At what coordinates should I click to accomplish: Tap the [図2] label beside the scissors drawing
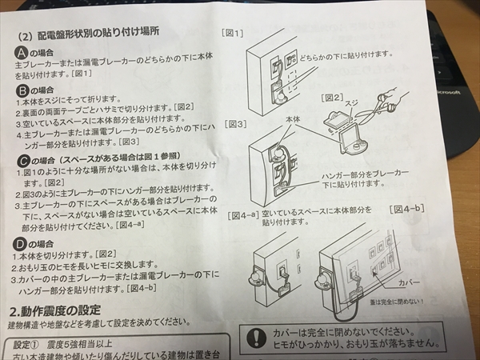(334, 97)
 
